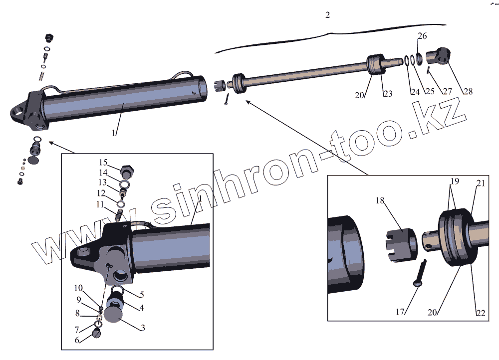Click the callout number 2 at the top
pyautogui.click(x=327, y=15)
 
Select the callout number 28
pyautogui.click(x=468, y=91)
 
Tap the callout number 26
pyautogui.click(x=422, y=36)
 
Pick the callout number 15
pyautogui.click(x=103, y=163)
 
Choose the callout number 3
pyautogui.click(x=143, y=328)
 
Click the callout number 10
pyautogui.click(x=78, y=288)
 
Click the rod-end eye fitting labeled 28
pyautogui.click(x=440, y=56)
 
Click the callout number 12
pyautogui.click(x=101, y=193)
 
